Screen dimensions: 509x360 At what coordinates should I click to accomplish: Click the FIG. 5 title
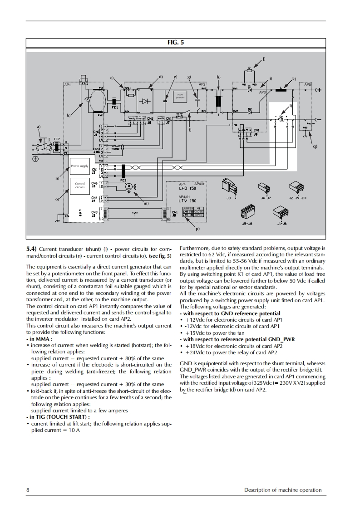click(176, 43)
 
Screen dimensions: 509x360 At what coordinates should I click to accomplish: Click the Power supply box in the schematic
click(79, 166)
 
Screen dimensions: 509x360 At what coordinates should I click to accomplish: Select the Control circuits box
click(79, 185)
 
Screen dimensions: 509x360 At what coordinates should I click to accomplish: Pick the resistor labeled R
click(249, 70)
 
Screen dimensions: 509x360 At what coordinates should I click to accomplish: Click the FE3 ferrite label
click(123, 180)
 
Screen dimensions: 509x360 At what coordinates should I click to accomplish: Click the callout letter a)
click(39, 126)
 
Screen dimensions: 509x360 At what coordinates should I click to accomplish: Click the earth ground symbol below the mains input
click(35, 159)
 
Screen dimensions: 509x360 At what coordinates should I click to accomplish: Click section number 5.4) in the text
click(31, 249)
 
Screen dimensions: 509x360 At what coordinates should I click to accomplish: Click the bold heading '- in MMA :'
click(39, 338)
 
